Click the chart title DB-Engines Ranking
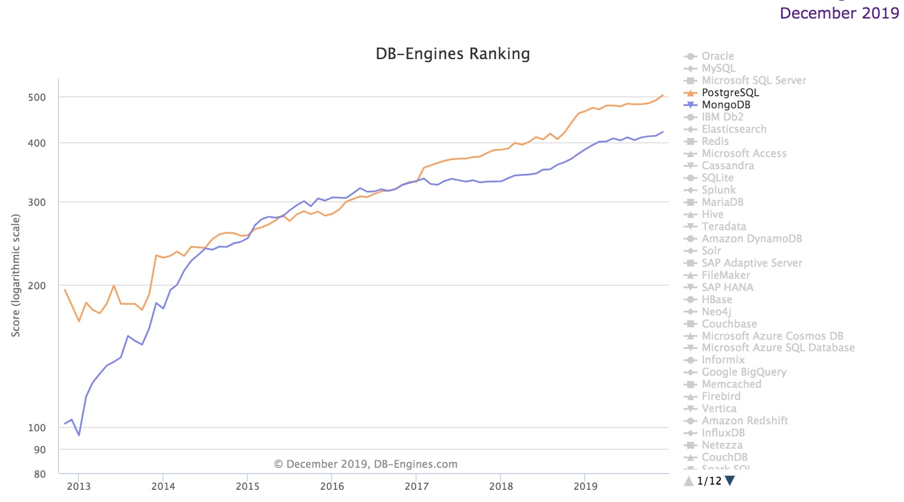point(453,54)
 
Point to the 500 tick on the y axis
point(37,97)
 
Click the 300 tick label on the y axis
point(37,202)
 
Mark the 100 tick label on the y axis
point(37,428)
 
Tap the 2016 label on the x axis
point(332,486)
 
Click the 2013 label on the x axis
point(79,486)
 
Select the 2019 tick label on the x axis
point(585,486)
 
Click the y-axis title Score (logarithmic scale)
point(16,275)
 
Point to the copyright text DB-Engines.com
point(366,464)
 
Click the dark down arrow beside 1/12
point(730,481)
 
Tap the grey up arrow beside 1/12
point(688,481)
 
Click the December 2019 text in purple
point(839,13)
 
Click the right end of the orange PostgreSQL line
point(663,95)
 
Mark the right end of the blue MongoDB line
point(663,132)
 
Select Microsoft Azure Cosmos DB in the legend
point(772,336)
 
